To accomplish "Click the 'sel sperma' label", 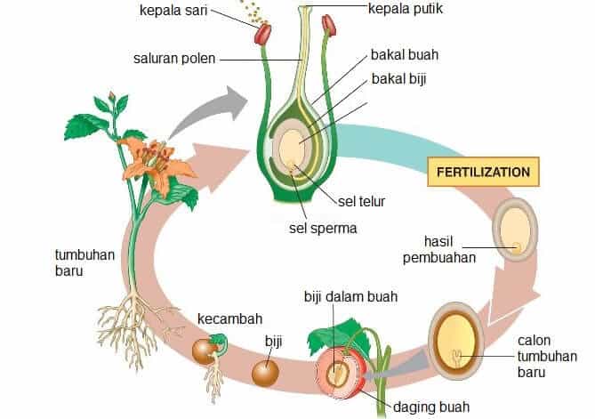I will coord(324,228).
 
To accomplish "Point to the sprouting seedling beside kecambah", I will coord(209,348).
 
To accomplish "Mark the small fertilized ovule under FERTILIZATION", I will coord(513,227).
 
